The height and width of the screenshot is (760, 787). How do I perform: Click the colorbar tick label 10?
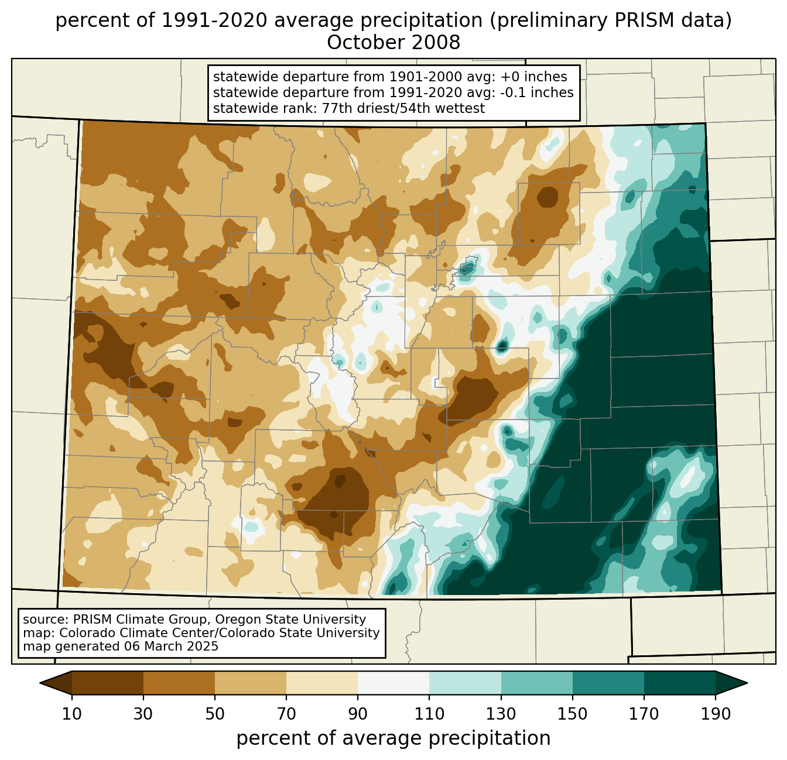pyautogui.click(x=71, y=714)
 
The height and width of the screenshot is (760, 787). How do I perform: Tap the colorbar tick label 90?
pyautogui.click(x=358, y=714)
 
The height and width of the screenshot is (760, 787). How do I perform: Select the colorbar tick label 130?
pyautogui.click(x=501, y=714)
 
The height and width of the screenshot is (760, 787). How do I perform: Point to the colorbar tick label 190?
pyautogui.click(x=716, y=714)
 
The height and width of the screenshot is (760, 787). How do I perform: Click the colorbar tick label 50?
pyautogui.click(x=215, y=714)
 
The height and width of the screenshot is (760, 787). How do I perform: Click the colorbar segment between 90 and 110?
pyautogui.click(x=393, y=683)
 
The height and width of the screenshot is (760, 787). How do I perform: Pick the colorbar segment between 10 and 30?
pyautogui.click(x=108, y=683)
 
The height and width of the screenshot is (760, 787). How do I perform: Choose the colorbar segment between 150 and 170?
pyautogui.click(x=608, y=683)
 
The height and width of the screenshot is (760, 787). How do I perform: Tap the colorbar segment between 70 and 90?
pyautogui.click(x=322, y=683)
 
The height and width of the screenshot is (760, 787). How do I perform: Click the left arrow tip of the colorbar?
pyautogui.click(x=40, y=683)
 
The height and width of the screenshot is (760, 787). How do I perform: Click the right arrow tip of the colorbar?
pyautogui.click(x=747, y=683)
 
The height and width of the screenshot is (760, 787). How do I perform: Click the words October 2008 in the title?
pyautogui.click(x=393, y=43)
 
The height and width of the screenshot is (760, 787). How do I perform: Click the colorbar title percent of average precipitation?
pyautogui.click(x=393, y=738)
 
